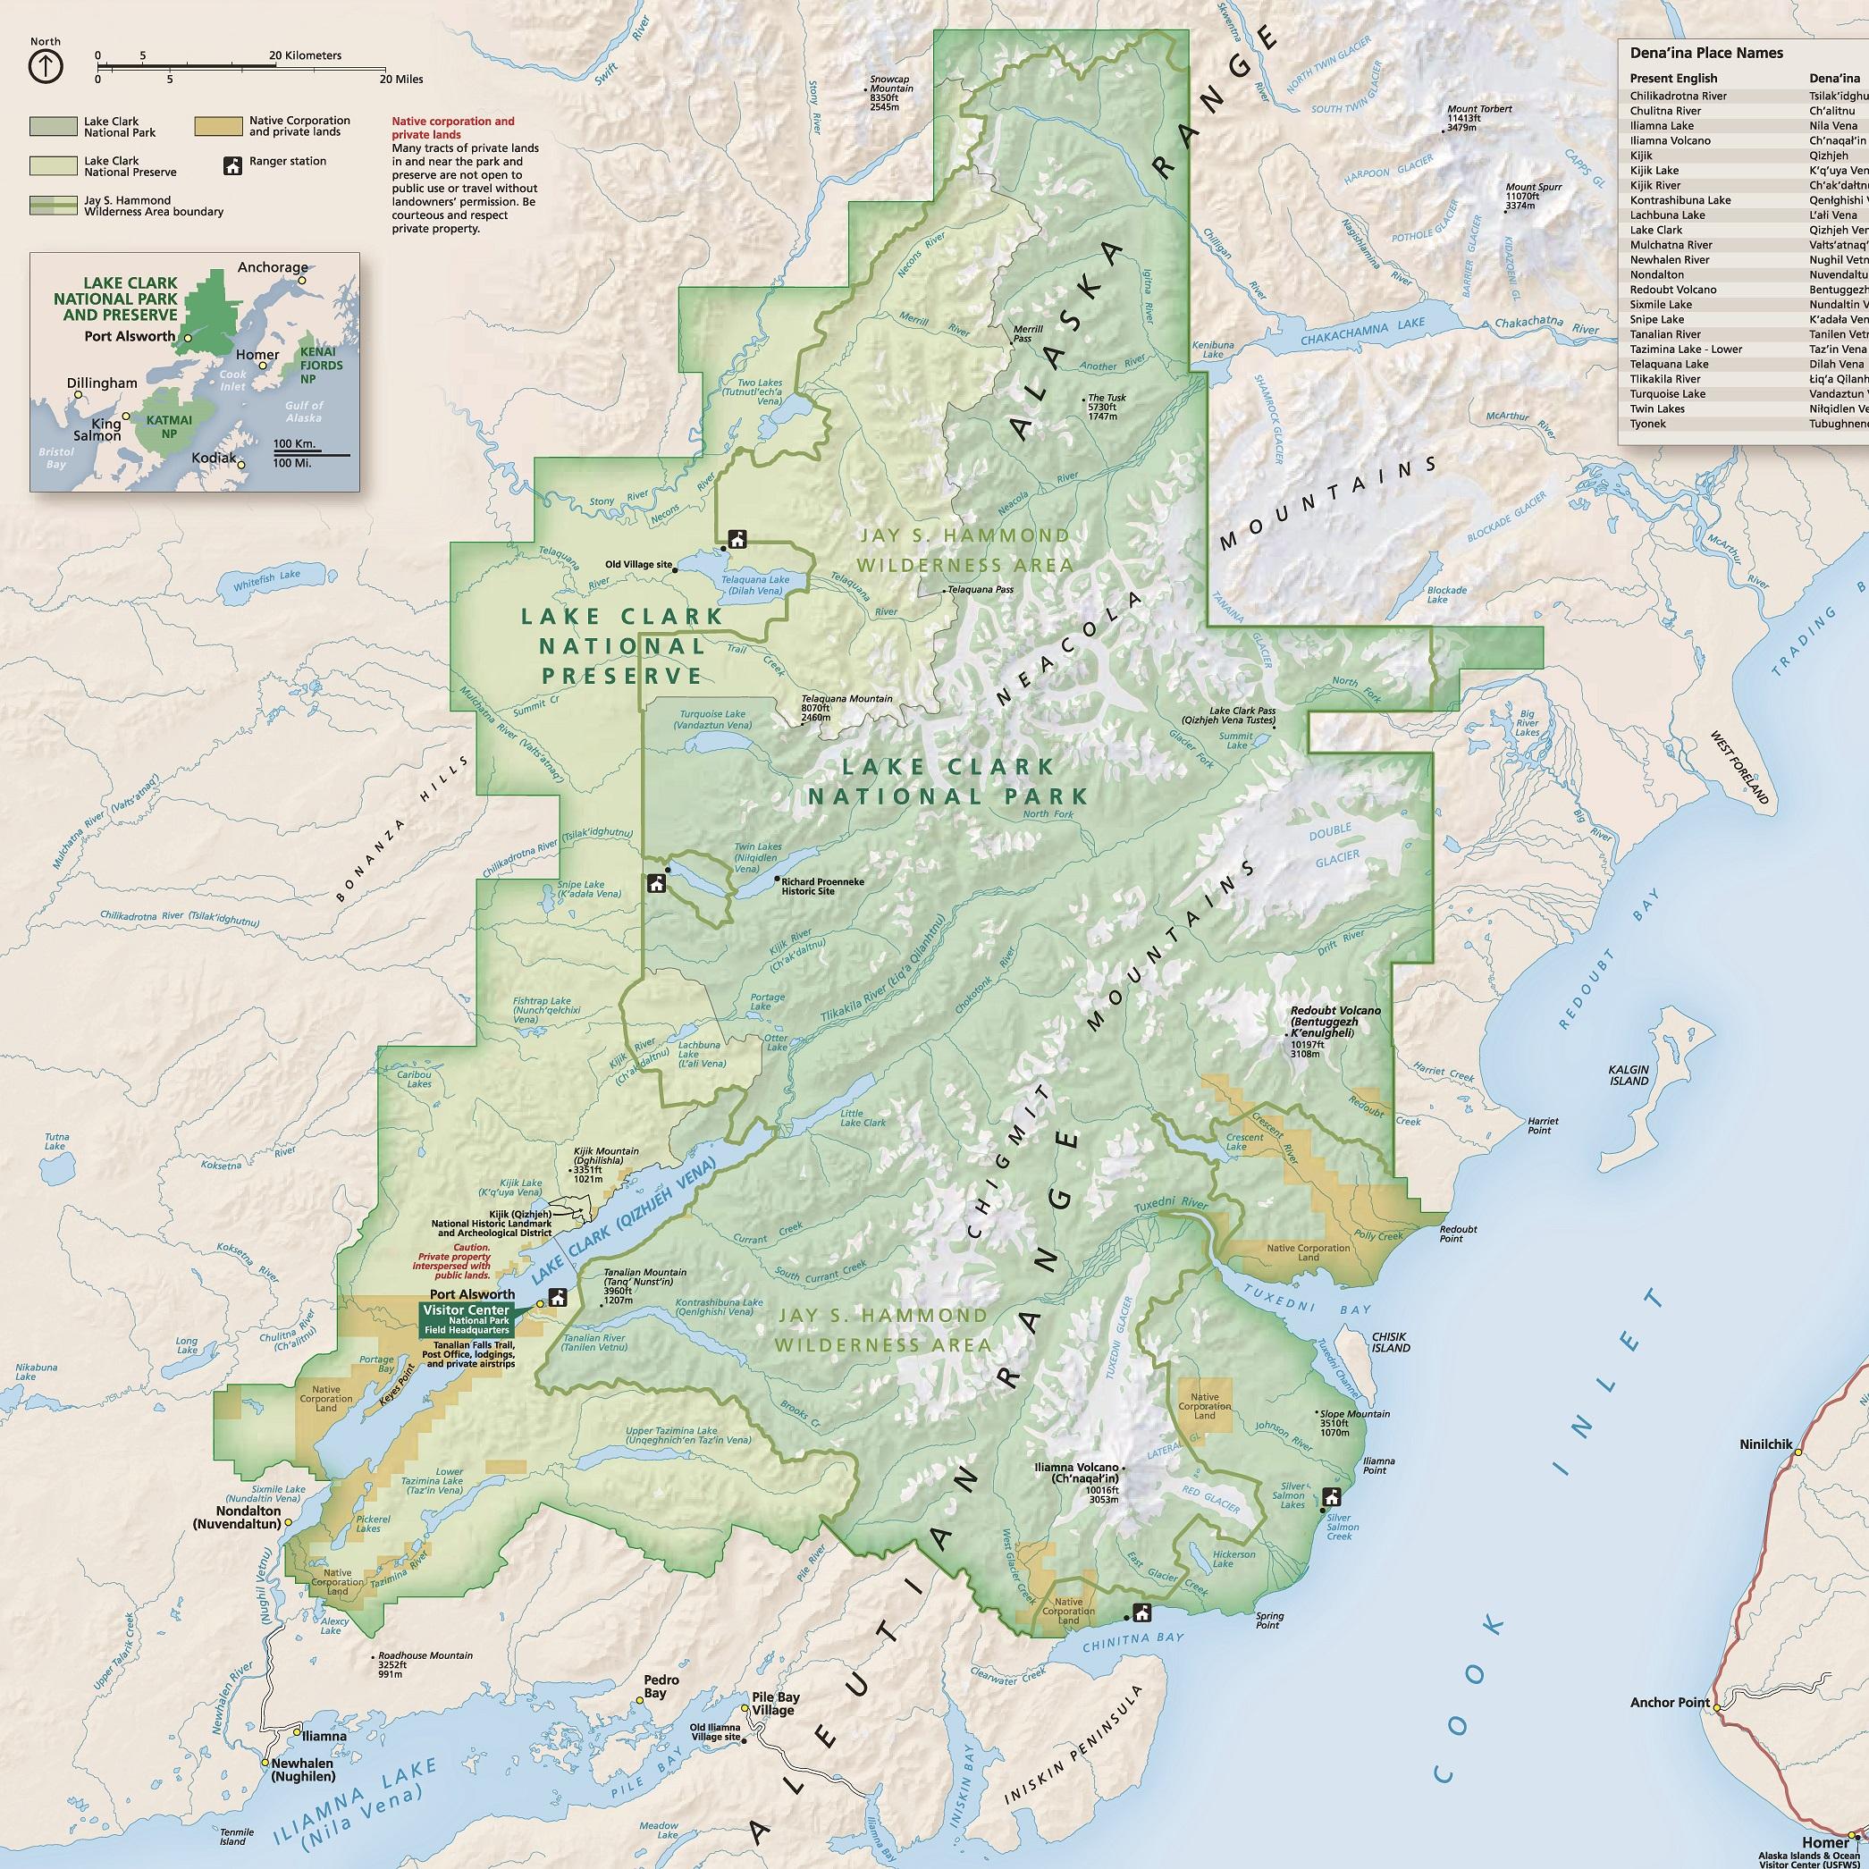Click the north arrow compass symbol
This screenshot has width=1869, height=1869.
click(x=46, y=66)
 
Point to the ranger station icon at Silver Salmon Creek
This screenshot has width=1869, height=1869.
click(x=1331, y=1497)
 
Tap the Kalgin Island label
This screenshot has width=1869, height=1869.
click(x=1629, y=1074)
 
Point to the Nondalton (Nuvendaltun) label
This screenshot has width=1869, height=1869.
click(x=236, y=1517)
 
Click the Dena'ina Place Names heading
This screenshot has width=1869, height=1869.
click(x=1706, y=54)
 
